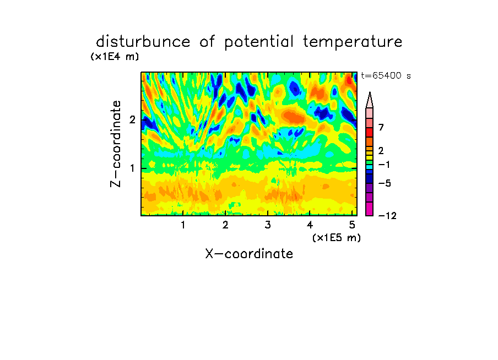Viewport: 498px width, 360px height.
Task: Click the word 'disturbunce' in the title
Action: (143, 42)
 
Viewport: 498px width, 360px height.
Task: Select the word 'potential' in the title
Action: (259, 42)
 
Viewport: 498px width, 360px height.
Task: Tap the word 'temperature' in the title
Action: (353, 42)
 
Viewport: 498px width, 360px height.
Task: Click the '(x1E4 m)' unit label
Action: (115, 57)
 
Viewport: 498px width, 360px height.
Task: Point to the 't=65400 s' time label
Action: (386, 75)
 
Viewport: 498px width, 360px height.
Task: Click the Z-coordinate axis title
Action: (116, 144)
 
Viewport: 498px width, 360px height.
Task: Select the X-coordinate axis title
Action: (249, 254)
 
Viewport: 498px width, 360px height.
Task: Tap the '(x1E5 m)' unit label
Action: (337, 237)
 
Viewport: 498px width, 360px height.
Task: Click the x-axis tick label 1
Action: (183, 225)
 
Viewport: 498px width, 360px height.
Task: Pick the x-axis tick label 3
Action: (268, 225)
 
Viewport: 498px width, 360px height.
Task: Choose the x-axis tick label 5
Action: (352, 225)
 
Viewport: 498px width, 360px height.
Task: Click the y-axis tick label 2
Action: (132, 119)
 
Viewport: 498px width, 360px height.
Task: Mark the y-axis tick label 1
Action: (132, 168)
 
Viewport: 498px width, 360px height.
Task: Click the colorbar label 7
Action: (381, 127)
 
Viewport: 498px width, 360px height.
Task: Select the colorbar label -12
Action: (387, 216)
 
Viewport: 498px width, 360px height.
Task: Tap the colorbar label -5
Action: (385, 183)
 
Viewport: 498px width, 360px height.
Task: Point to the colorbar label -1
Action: (384, 165)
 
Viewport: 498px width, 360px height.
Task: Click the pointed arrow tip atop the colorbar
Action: (370, 92)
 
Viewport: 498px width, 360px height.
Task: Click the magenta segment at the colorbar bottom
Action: (370, 209)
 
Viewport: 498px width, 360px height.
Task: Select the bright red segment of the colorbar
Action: (370, 132)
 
